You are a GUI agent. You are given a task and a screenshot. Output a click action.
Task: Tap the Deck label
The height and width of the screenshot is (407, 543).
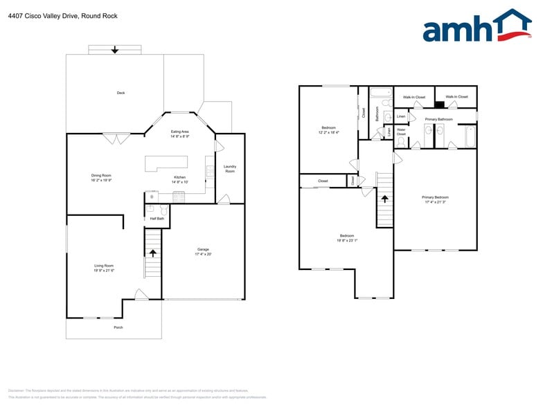coord(121,93)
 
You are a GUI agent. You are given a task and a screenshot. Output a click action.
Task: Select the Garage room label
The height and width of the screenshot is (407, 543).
coord(203,249)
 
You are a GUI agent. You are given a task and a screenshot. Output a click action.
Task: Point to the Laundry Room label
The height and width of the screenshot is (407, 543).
coord(230,168)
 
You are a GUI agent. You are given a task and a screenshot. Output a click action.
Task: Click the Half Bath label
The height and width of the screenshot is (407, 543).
coord(157,219)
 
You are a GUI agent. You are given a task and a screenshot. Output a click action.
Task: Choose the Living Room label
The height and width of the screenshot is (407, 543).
coord(104,266)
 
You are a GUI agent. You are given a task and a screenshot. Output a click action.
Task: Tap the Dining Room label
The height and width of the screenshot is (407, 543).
coord(101,176)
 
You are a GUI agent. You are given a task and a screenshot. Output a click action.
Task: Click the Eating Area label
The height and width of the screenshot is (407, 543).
coord(180,132)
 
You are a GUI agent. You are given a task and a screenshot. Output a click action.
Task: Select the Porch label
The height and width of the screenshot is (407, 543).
coord(118,327)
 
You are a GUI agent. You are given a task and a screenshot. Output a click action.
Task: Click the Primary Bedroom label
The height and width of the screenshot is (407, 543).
coord(436,197)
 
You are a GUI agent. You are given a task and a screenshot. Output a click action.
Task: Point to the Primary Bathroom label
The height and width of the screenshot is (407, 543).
coord(438,119)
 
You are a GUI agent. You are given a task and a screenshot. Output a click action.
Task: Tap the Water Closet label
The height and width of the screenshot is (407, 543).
coord(401,132)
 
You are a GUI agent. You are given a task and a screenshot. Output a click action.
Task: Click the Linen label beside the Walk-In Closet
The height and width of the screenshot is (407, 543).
coord(401,116)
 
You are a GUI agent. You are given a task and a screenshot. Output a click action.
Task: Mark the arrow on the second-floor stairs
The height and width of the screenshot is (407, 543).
coord(385,198)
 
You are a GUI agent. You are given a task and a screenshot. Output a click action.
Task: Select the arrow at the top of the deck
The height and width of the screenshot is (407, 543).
coord(115,50)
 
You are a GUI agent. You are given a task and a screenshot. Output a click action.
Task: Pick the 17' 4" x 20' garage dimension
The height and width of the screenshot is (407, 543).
coord(203,254)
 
